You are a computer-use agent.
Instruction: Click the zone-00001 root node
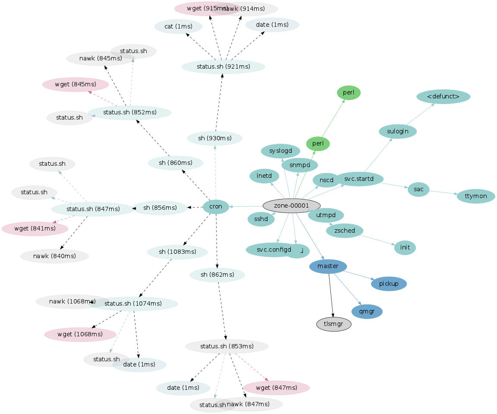(x=291, y=206)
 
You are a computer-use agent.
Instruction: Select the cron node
(x=216, y=207)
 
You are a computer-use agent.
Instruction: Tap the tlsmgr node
(x=333, y=324)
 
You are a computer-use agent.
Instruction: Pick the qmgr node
(x=367, y=311)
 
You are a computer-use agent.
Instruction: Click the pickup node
(x=388, y=284)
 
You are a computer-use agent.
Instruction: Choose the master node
(x=328, y=266)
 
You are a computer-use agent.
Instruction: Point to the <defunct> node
(x=443, y=97)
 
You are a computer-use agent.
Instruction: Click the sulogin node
(x=397, y=131)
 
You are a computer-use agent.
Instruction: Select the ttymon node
(x=476, y=196)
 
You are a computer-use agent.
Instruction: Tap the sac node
(x=418, y=189)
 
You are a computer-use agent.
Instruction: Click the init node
(x=405, y=247)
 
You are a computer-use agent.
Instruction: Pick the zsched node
(x=344, y=231)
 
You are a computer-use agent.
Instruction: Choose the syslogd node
(x=280, y=151)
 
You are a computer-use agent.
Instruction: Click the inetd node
(x=264, y=176)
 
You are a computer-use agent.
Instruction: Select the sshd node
(x=261, y=219)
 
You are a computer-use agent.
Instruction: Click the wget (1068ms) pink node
(x=80, y=334)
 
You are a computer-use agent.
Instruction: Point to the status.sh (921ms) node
(x=223, y=66)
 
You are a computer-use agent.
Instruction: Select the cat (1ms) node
(x=178, y=26)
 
